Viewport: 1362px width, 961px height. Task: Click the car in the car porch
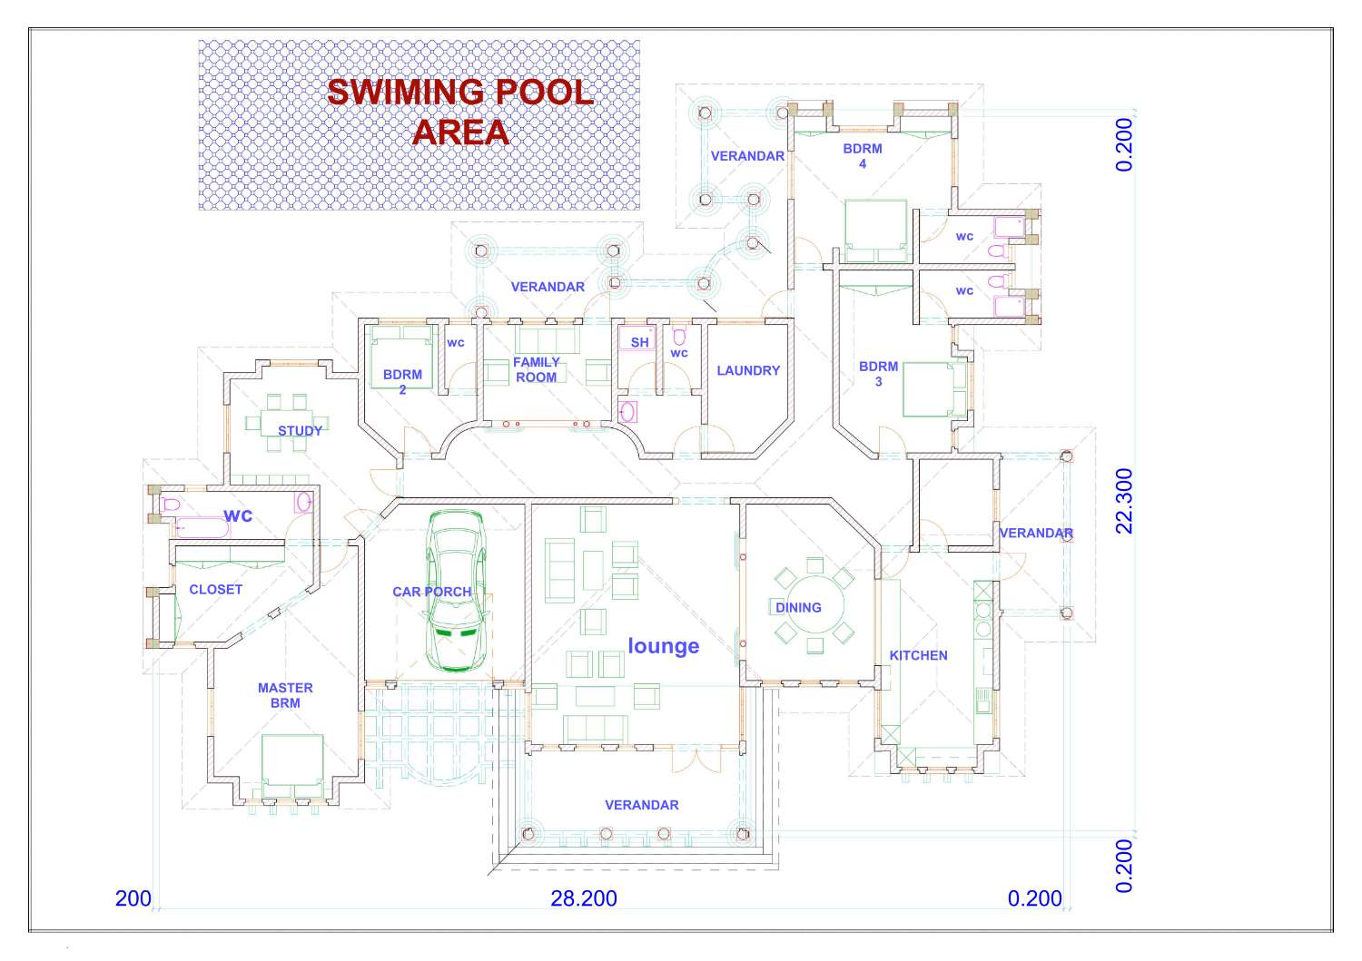(x=457, y=591)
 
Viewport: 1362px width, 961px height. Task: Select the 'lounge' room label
(x=663, y=646)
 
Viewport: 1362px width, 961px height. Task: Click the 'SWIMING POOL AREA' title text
(x=460, y=112)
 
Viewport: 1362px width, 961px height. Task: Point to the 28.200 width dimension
(x=584, y=898)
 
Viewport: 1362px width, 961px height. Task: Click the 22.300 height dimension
(x=1124, y=501)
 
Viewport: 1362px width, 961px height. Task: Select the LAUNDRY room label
(x=748, y=370)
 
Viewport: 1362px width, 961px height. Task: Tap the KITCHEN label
(x=918, y=655)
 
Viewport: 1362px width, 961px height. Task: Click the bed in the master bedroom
(x=292, y=760)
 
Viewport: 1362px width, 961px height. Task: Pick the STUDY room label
(x=300, y=430)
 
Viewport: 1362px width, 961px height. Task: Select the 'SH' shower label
(x=640, y=342)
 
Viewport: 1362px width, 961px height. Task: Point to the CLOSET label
(x=215, y=589)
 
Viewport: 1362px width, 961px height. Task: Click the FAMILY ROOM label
(x=537, y=369)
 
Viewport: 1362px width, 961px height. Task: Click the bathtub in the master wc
(x=198, y=526)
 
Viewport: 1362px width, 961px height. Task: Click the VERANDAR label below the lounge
(x=641, y=805)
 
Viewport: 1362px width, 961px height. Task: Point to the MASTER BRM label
(x=285, y=695)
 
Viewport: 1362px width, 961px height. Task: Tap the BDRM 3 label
(x=878, y=374)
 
